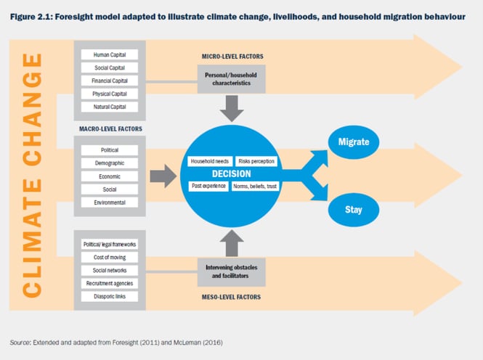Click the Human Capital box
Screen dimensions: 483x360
110,54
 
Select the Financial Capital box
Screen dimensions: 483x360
110,81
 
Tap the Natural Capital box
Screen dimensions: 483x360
110,107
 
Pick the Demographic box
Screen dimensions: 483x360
110,163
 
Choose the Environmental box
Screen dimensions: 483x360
110,202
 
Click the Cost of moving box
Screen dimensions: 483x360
110,257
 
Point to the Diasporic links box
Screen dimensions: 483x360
110,296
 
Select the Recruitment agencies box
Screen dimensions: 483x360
110,283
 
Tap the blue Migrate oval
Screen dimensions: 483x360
353,142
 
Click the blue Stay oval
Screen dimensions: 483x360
353,210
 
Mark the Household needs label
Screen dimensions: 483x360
210,161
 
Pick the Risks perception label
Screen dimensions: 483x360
256,161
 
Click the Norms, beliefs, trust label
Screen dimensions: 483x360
255,186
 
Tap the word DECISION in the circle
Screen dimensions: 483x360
232,174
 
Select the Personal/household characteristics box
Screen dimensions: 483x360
232,79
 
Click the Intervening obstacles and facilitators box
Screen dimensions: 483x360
232,271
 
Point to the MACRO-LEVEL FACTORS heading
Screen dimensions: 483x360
110,129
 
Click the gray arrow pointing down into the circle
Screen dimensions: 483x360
232,108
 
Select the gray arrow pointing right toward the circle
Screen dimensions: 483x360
163,176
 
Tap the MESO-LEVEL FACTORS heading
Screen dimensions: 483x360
231,297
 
